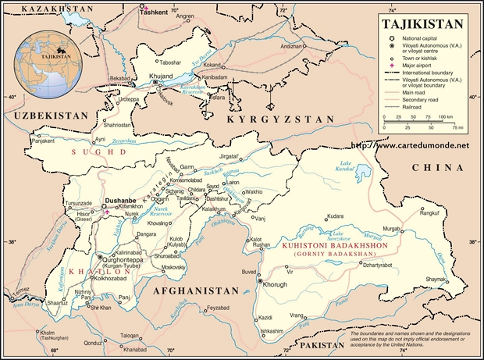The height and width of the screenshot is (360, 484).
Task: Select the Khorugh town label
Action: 279,287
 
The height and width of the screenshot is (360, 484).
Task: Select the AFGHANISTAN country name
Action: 194,290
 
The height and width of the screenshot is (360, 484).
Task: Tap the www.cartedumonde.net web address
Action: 411,145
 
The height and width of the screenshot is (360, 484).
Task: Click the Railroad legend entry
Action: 415,106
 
